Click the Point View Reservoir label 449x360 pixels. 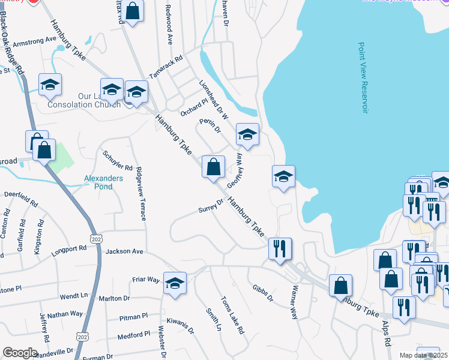363,77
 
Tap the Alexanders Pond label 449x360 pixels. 103,182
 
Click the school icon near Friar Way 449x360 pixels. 175,283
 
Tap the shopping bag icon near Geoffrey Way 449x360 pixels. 213,167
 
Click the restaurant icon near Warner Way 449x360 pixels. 280,249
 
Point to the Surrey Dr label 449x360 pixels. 211,206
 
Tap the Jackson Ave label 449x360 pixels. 124,251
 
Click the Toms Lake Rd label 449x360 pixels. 232,315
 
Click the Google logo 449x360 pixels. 20,353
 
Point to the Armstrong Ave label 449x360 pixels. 34,41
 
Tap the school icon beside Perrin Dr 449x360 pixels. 247,134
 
